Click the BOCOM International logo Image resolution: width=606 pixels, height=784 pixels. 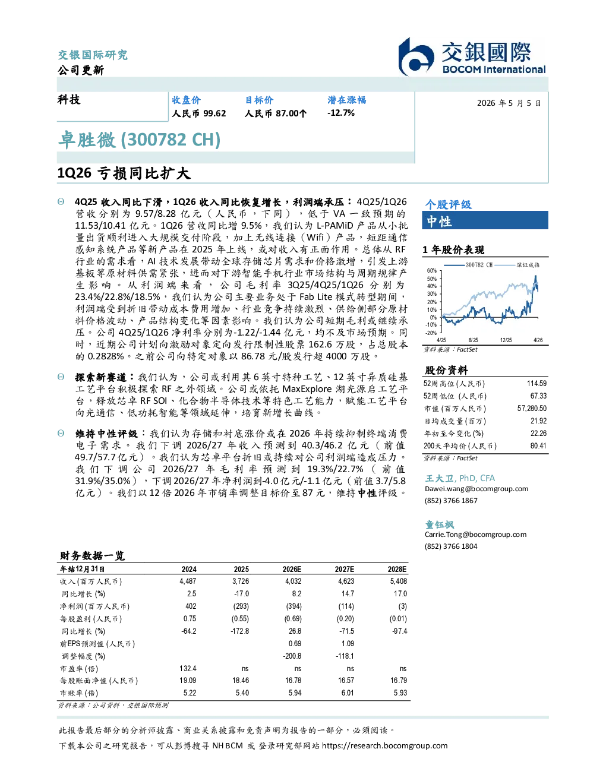tap(472, 56)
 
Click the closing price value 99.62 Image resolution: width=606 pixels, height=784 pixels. tap(214, 113)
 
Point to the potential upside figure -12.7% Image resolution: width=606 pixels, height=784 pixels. tap(341, 113)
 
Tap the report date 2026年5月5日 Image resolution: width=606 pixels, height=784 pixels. tap(509, 103)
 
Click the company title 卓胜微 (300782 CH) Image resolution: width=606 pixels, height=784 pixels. tap(139, 140)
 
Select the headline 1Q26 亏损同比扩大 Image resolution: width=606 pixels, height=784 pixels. tap(124, 173)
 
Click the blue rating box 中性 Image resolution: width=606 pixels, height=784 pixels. tap(485, 220)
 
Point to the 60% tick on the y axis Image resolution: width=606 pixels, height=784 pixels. tap(432, 271)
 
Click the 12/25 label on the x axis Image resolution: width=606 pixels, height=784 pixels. tap(506, 340)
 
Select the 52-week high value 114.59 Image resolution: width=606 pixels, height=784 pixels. tap(536, 384)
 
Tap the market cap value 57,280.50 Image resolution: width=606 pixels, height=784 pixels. tap(532, 409)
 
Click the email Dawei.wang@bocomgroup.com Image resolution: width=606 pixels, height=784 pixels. tap(476, 489)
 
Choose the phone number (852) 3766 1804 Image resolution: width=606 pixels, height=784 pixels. tap(451, 546)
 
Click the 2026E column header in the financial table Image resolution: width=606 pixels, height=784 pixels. tap(292, 570)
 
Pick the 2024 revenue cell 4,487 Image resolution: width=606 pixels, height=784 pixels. tap(188, 581)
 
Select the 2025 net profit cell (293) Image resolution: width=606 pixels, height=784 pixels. tap(241, 606)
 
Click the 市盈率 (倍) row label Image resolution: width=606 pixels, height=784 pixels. tap(79, 669)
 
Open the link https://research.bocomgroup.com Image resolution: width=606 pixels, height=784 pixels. tap(384, 746)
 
